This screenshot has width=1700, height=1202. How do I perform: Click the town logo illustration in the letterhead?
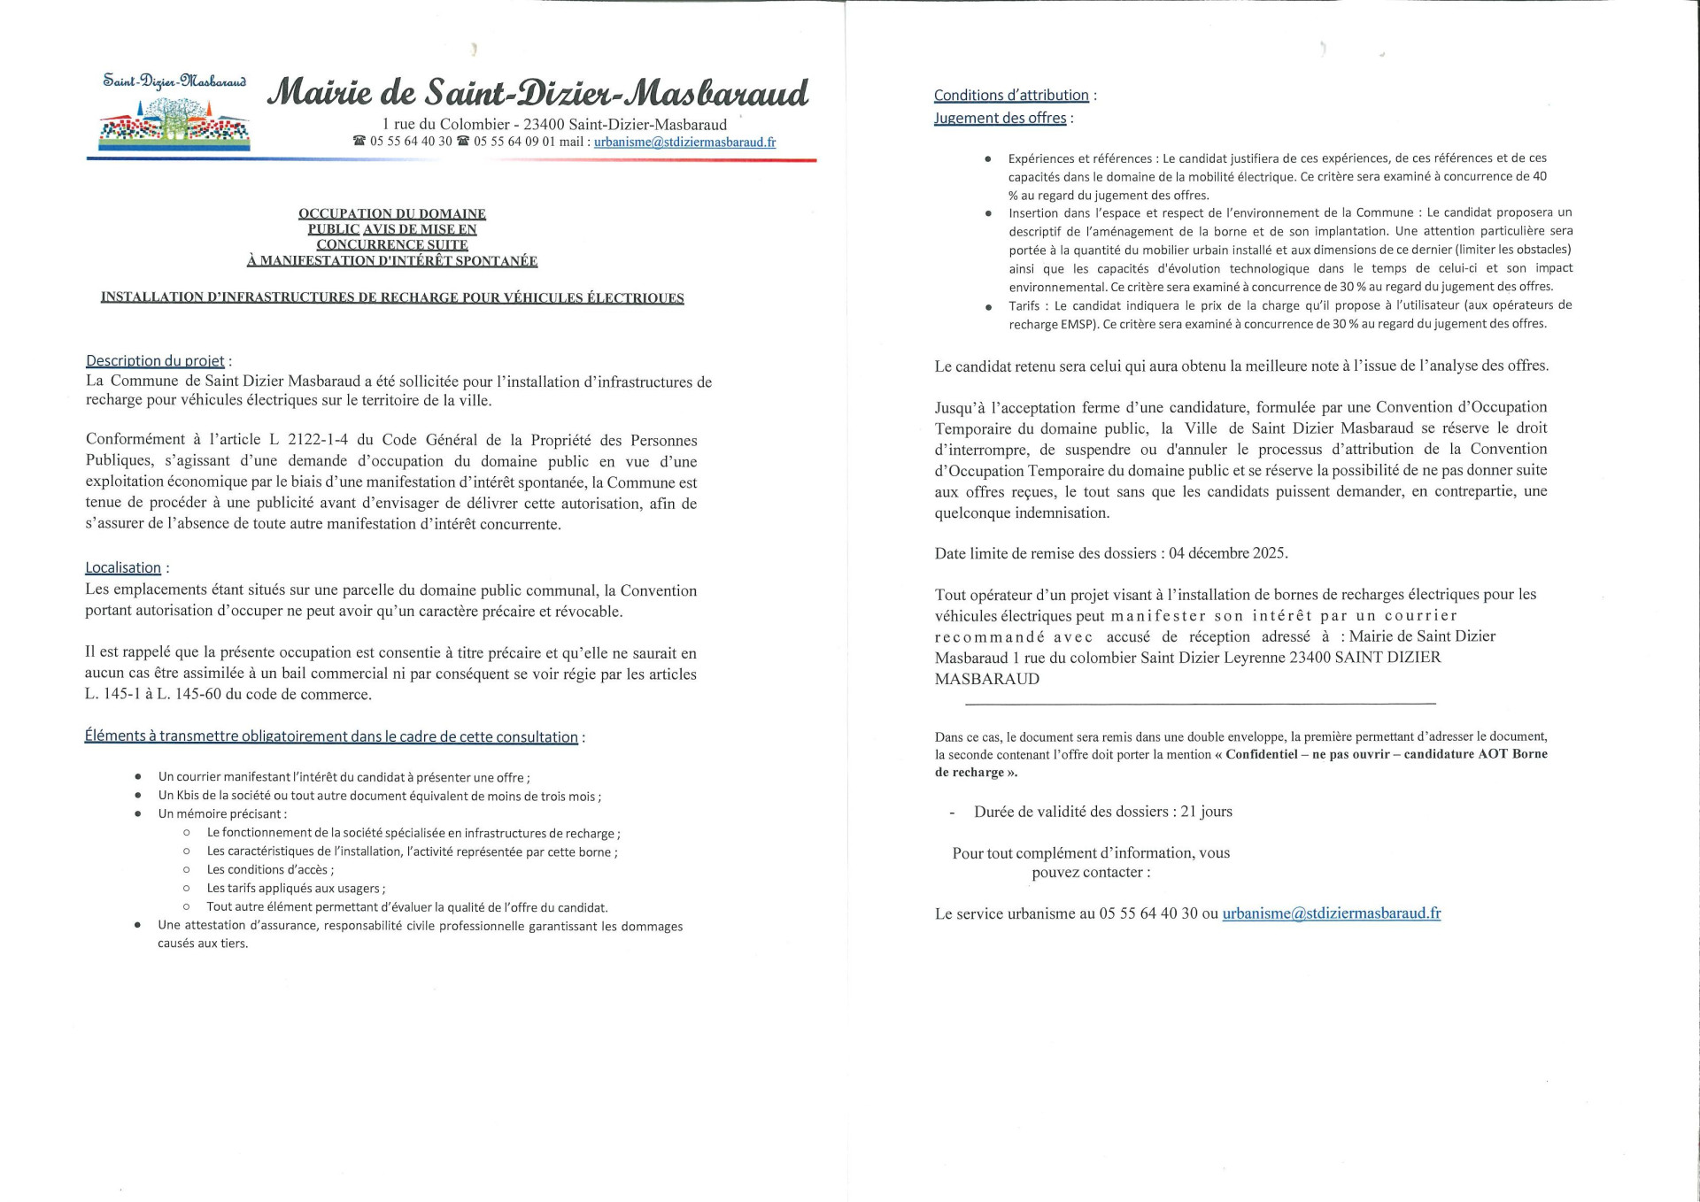(x=174, y=122)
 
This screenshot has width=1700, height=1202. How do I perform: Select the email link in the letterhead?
(x=684, y=142)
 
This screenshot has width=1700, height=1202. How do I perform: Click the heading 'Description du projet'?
(x=155, y=360)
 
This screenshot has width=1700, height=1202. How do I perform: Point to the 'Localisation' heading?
(x=123, y=567)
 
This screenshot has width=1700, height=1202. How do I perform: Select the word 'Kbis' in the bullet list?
(x=187, y=796)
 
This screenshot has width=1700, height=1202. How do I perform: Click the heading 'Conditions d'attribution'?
(x=1011, y=95)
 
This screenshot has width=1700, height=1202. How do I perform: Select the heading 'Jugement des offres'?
(x=1000, y=118)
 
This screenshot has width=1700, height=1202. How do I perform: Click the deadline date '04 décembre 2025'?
(x=1227, y=553)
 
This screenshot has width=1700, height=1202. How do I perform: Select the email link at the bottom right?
(x=1331, y=913)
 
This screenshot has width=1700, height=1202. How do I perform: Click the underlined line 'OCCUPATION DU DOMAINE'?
(x=392, y=213)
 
